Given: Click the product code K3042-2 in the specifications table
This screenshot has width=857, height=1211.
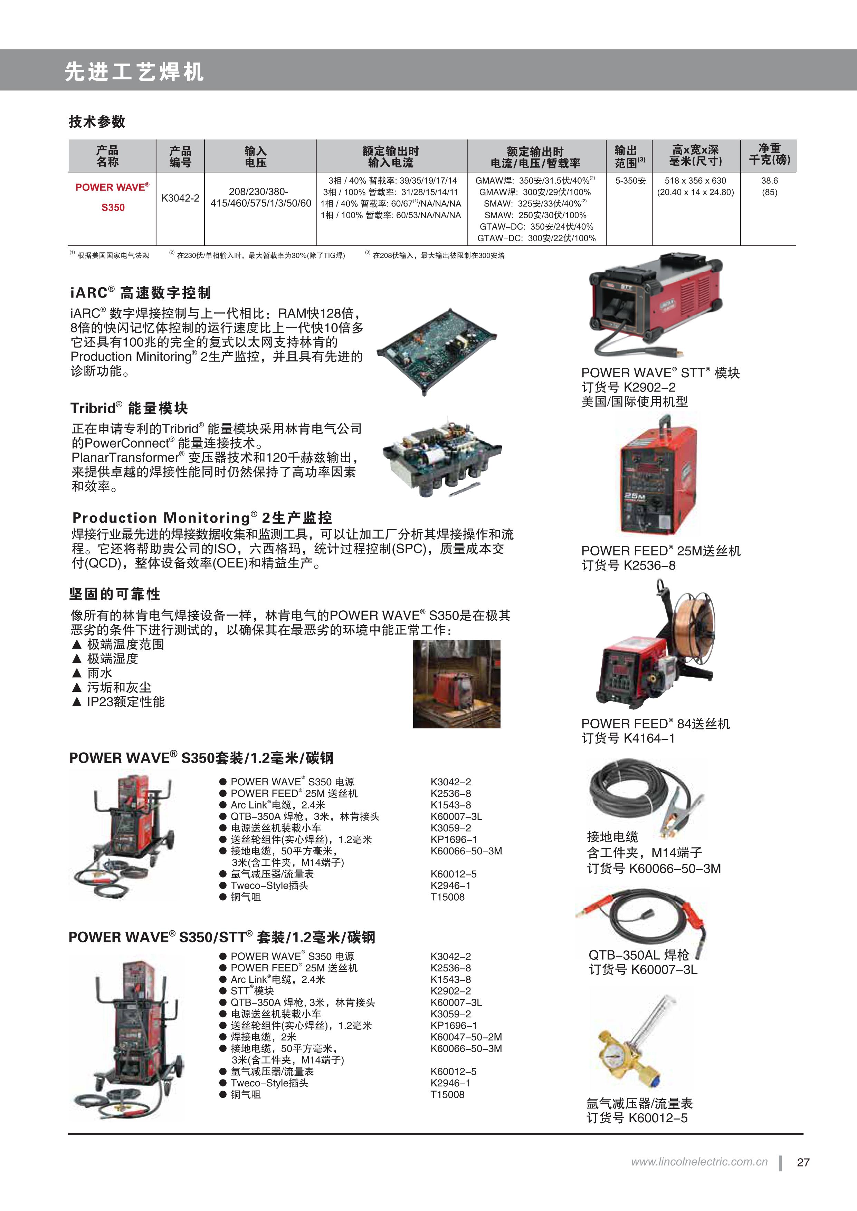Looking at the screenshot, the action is (x=180, y=198).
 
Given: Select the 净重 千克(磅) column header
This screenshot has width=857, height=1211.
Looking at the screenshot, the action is (x=769, y=155).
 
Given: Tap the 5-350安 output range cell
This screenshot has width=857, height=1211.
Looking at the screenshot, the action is (x=630, y=181).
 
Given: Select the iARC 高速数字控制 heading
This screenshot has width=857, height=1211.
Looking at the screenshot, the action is (x=140, y=293).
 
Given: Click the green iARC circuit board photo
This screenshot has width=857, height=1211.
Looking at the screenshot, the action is (x=437, y=351).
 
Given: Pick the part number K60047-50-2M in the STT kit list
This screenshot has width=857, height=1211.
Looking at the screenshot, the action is (x=466, y=1037).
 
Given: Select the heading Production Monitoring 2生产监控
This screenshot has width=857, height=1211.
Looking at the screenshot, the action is (x=202, y=517).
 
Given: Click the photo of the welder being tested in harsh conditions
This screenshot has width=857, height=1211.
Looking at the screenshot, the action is (x=456, y=684).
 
